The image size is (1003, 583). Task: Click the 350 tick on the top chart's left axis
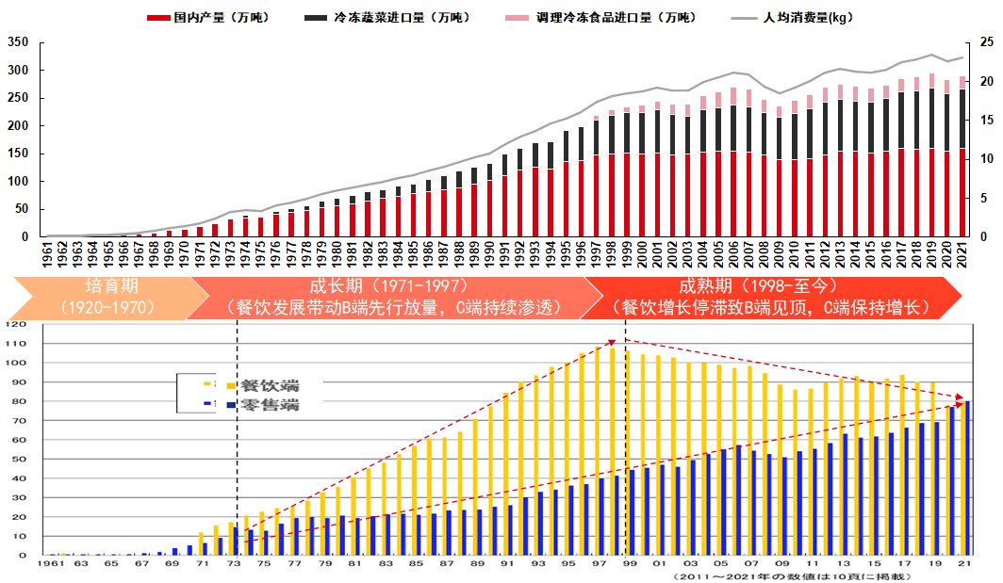click(19, 42)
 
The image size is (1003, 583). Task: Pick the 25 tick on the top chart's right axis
click(986, 42)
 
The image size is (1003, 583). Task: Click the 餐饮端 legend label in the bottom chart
click(270, 385)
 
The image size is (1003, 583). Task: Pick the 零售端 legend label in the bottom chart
click(270, 405)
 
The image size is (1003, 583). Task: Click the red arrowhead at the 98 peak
click(612, 343)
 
